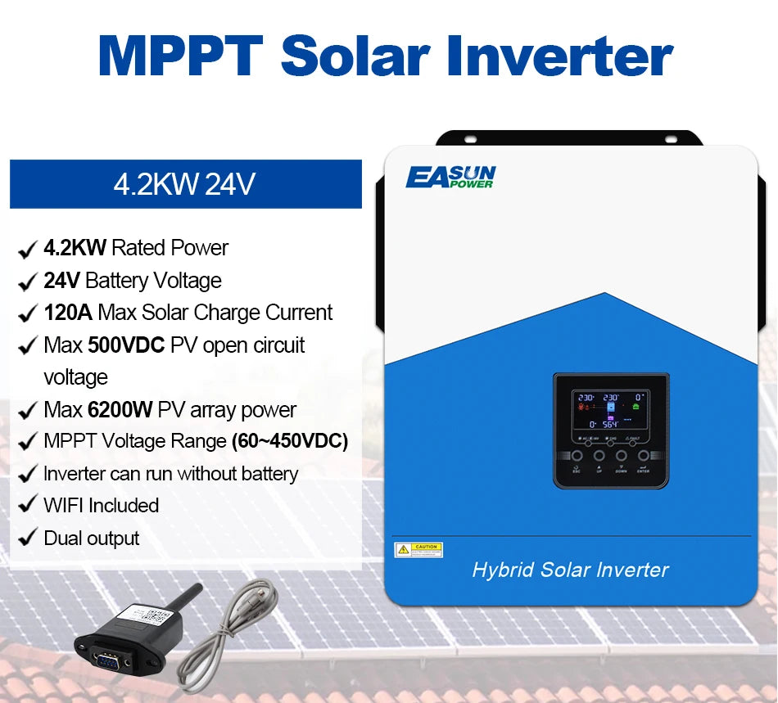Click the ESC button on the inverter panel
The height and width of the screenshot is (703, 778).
[x=577, y=456]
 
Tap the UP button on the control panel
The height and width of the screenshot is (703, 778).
[x=599, y=456]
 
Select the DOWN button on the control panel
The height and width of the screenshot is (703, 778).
[x=622, y=456]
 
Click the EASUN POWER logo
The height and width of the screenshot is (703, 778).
[x=450, y=177]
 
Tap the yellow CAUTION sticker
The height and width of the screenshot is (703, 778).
[x=418, y=550]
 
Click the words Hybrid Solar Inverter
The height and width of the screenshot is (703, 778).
[x=570, y=570]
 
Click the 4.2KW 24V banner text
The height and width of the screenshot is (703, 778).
[x=184, y=183]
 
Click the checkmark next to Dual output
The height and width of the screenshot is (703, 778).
[x=27, y=539]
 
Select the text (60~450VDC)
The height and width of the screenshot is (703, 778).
[x=290, y=442]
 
